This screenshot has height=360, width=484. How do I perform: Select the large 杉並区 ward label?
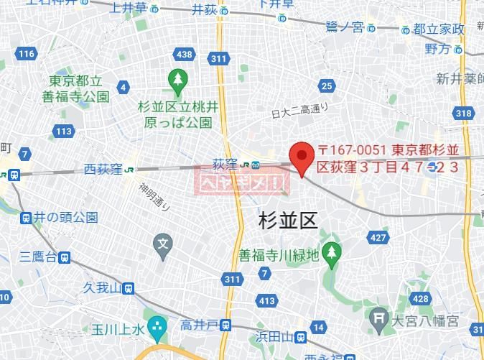pos(287,220)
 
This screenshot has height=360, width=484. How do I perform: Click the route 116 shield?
pos(27,54)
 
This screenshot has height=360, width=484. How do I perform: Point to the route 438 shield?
pos(184,55)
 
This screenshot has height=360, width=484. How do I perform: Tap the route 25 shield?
pos(327,87)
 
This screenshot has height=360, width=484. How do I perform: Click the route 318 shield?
pos(463,113)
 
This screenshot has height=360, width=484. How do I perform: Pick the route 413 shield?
pos(266,300)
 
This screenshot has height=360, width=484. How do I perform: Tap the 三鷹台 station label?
pos(39,257)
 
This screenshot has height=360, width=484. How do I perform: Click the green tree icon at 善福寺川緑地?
pos(330,251)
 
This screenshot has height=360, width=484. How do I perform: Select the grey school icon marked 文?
pos(164,244)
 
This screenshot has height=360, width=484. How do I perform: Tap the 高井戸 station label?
pos(200,326)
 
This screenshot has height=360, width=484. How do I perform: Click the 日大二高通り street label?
pos(299,111)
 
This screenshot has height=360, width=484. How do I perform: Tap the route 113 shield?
pos(64,131)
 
